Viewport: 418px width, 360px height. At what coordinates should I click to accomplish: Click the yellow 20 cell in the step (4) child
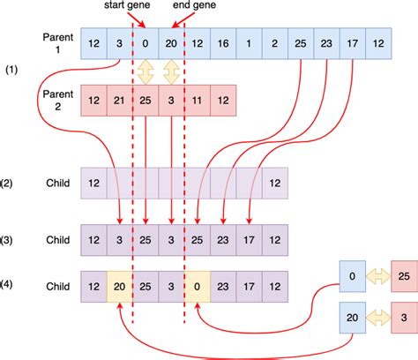[x=119, y=286]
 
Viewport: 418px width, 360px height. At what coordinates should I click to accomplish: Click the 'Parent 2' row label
[x=57, y=96]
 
